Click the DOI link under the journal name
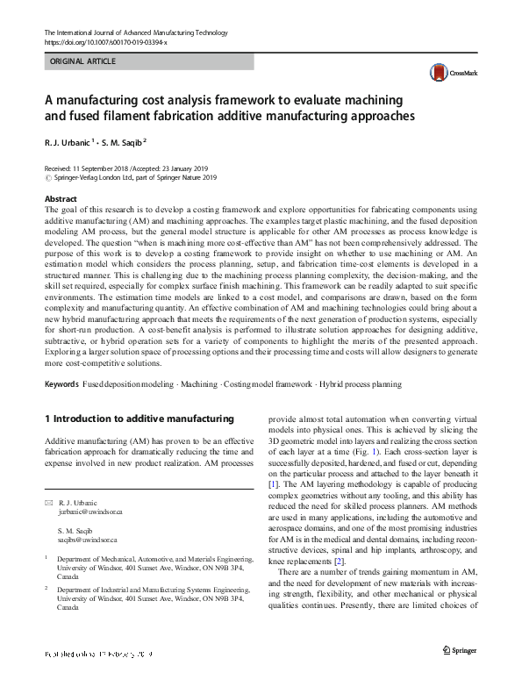click(x=105, y=42)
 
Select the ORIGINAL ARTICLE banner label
click(x=82, y=61)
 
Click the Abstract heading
click(x=61, y=199)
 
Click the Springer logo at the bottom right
click(x=461, y=675)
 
